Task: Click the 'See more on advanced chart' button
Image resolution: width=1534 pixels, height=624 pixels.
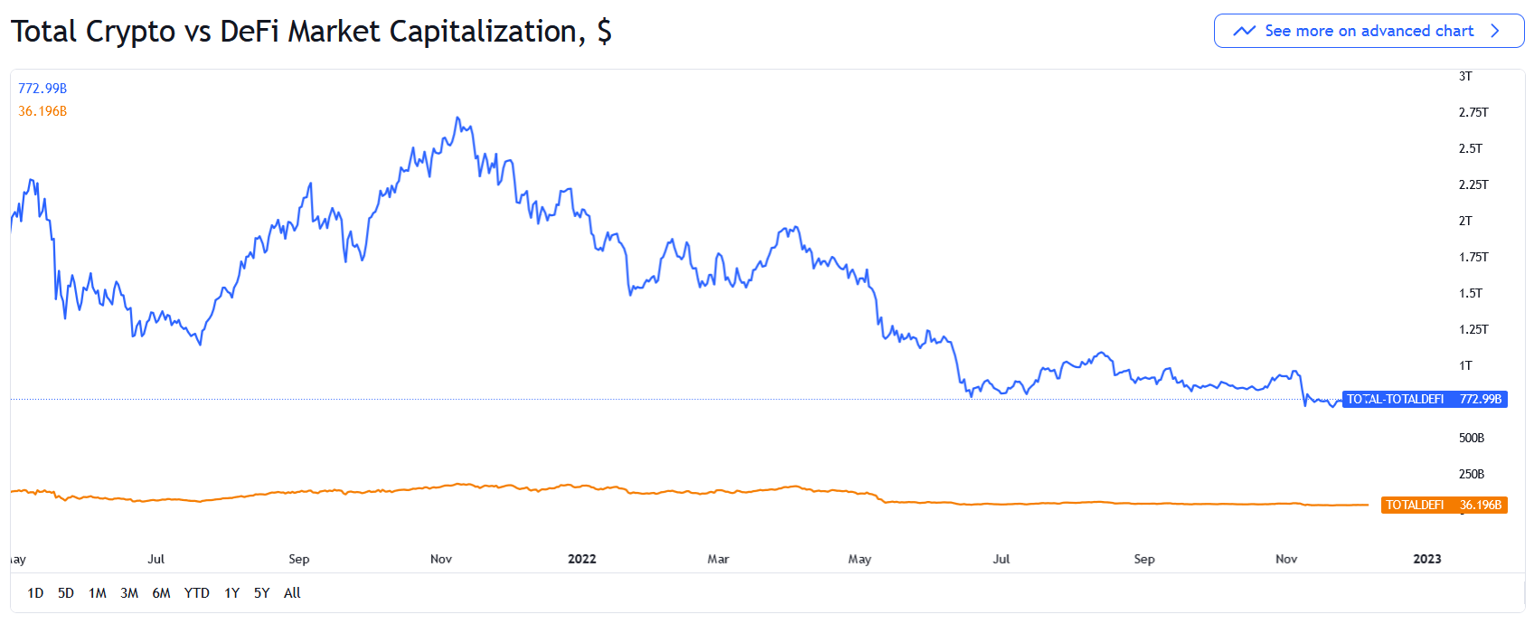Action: (1369, 31)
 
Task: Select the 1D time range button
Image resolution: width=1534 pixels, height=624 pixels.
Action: (35, 593)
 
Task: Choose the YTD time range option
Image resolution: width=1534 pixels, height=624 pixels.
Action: (196, 593)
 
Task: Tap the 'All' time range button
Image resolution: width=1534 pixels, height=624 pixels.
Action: (292, 593)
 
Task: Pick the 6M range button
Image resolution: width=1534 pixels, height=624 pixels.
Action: (161, 593)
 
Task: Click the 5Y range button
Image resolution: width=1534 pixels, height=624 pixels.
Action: (261, 593)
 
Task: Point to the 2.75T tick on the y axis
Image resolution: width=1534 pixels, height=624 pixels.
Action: (1473, 112)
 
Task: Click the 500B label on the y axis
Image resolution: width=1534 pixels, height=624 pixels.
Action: (1471, 438)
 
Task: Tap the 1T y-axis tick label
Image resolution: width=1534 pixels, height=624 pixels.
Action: (1465, 365)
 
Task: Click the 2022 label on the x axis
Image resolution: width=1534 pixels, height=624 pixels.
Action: (581, 559)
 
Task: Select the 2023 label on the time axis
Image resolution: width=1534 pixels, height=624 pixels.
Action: (1426, 559)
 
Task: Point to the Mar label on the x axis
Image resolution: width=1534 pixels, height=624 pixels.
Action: (718, 559)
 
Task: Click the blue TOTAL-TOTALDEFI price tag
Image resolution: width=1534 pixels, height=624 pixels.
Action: (1424, 399)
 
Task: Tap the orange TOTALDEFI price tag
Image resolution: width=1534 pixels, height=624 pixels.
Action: (1444, 505)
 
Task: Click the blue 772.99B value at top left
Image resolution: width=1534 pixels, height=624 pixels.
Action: (42, 89)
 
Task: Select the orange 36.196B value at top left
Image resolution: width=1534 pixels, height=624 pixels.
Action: (42, 111)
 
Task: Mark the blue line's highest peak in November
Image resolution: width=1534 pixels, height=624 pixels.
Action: (457, 118)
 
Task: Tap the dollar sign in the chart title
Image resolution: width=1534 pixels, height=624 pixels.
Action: (604, 32)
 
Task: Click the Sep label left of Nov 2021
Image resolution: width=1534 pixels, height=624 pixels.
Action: (298, 559)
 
